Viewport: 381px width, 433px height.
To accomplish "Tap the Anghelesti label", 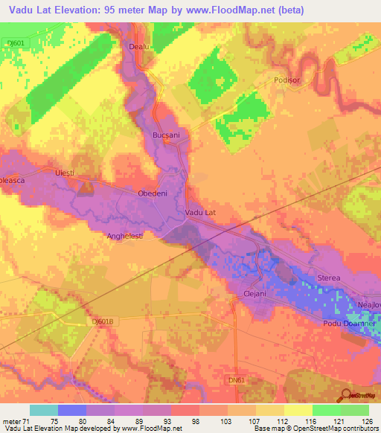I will coord(124,236).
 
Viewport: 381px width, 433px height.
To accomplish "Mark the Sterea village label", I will coord(329,278).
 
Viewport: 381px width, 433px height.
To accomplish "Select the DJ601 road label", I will coord(14,42).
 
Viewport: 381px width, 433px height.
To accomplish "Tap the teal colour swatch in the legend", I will coord(44,410).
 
